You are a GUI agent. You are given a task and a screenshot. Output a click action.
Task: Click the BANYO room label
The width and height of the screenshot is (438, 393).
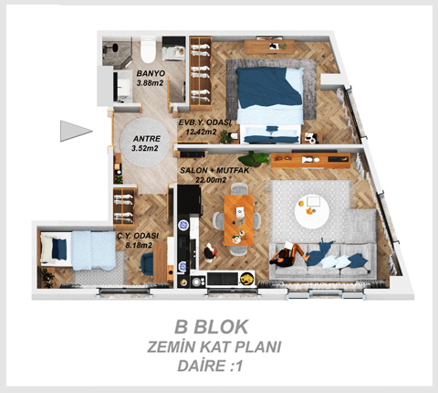(151, 73)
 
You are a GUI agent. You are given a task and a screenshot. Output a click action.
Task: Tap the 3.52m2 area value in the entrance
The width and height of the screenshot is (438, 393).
(145, 148)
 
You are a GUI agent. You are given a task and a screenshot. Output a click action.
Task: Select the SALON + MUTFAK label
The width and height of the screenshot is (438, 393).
(214, 170)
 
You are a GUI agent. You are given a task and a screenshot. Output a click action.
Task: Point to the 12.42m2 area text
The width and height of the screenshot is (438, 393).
(201, 132)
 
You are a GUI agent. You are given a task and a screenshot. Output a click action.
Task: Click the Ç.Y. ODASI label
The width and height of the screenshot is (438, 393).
(139, 236)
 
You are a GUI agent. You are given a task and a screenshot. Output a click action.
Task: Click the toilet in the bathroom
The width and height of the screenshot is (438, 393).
(148, 49)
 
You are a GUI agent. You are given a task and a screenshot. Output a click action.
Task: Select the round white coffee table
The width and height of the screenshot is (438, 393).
(311, 213)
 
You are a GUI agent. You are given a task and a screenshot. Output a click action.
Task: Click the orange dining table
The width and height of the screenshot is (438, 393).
(239, 220)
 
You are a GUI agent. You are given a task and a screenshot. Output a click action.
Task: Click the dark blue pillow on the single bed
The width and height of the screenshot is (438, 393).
(59, 249)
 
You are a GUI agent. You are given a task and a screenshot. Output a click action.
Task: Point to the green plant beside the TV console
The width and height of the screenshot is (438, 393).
(254, 158)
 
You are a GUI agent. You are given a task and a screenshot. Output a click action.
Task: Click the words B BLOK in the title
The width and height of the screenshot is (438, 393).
(212, 326)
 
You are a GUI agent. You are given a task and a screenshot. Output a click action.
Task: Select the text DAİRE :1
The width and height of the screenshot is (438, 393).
(210, 366)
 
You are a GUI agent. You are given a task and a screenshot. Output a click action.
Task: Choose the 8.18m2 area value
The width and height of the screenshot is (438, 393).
(140, 245)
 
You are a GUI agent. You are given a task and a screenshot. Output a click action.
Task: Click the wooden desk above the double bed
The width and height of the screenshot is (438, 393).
(269, 47)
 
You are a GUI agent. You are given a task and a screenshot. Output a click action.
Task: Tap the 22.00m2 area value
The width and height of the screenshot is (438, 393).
(211, 180)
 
